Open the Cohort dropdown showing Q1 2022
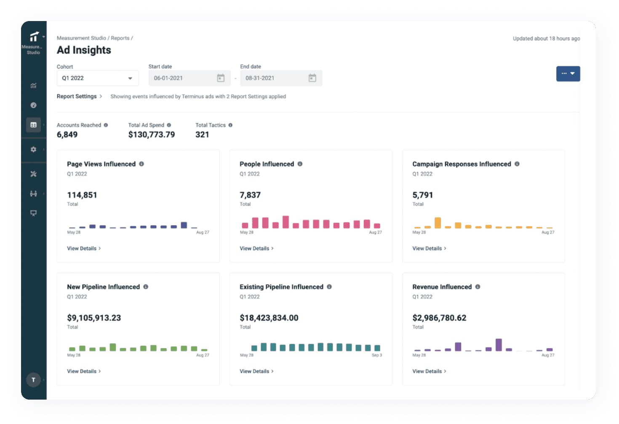click(97, 78)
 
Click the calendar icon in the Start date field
click(221, 78)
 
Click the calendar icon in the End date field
click(312, 78)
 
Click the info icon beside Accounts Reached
click(106, 125)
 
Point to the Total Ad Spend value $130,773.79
click(152, 135)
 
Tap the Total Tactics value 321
click(202, 135)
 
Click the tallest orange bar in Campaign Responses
click(438, 223)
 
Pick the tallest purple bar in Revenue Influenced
click(499, 345)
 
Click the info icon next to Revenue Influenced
click(478, 287)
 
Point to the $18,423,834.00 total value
click(269, 318)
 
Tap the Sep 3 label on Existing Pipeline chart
click(376, 355)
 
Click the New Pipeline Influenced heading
click(103, 287)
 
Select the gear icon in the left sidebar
click(34, 149)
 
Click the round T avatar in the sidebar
click(34, 380)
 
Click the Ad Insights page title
click(84, 50)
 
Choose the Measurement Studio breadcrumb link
click(81, 38)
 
